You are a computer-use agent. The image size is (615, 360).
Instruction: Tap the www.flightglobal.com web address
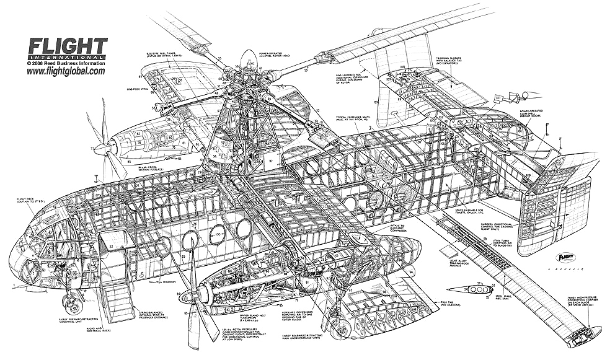click(65, 71)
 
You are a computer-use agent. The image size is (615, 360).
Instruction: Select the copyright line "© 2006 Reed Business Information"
click(66, 63)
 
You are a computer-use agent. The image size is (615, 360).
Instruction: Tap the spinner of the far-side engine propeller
click(99, 148)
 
